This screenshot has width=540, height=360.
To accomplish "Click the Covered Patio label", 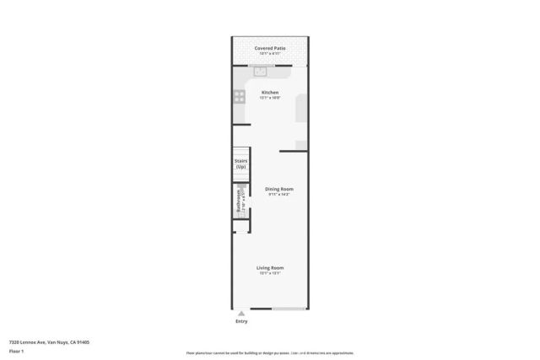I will pos(270,48).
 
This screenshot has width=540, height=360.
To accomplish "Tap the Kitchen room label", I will pos(270,92).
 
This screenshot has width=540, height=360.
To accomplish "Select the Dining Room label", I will pos(278,189).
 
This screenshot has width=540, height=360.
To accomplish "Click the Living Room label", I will pos(270,268).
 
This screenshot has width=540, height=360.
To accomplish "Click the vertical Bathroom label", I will pos(239,201).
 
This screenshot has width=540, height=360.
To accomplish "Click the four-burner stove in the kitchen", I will pos(240,97).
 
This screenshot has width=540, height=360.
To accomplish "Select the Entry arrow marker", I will pos(241,314).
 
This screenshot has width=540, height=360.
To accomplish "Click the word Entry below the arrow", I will pos(241,321).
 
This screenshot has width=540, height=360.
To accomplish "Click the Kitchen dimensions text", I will pos(270,98).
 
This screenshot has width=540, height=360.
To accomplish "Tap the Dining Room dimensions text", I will pos(278,195).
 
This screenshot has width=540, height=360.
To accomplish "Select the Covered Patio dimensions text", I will pos(270,54).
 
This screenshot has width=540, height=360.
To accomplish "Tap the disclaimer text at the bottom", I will pos(270,353).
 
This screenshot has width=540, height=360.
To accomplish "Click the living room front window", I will pos(289,309).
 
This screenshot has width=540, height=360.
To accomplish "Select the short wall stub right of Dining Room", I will pos(293,152).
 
